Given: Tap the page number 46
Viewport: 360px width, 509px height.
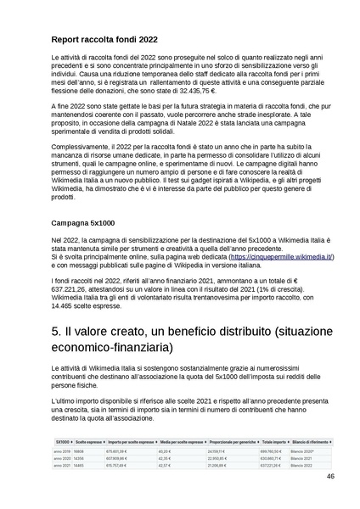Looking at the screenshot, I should click(329, 501).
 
